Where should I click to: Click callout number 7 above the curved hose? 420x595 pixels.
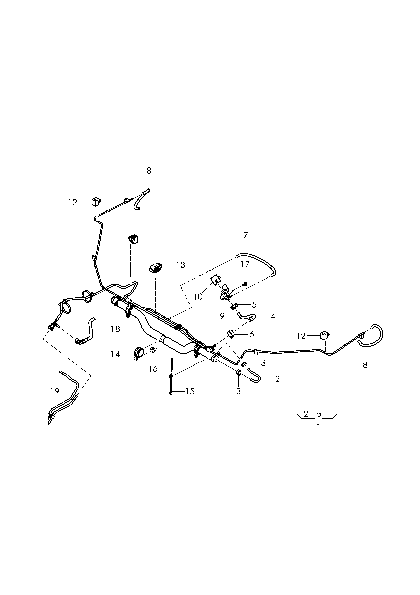pyautogui.click(x=245, y=236)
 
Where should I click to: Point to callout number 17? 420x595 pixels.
pyautogui.click(x=245, y=264)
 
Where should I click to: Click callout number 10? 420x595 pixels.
pyautogui.click(x=198, y=296)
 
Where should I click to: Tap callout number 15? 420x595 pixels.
pyautogui.click(x=190, y=392)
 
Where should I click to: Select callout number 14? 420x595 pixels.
pyautogui.click(x=115, y=354)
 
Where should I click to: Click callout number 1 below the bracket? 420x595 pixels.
pyautogui.click(x=319, y=427)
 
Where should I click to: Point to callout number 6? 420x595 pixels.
pyautogui.click(x=251, y=334)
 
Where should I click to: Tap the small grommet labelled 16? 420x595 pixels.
pyautogui.click(x=153, y=350)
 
